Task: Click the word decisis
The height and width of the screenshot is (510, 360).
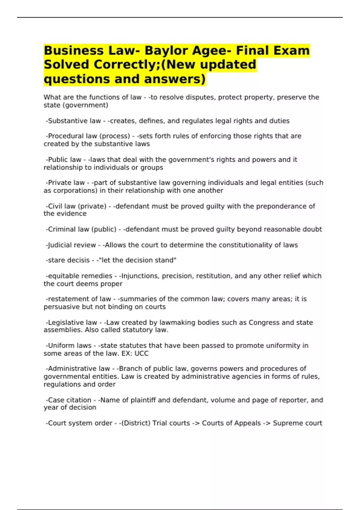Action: [78, 260]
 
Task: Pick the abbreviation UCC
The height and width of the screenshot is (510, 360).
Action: [141, 354]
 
